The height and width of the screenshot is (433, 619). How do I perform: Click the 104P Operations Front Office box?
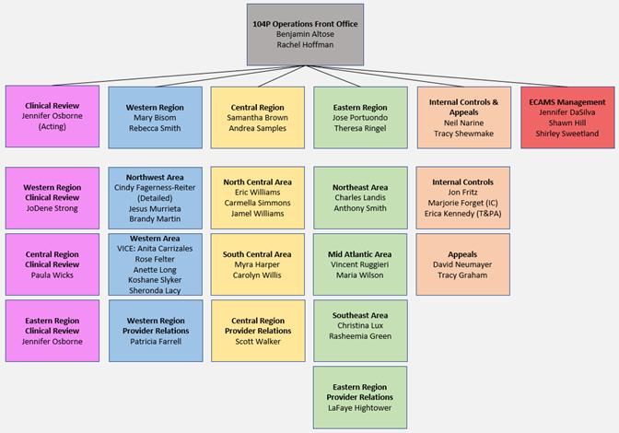[x=305, y=34]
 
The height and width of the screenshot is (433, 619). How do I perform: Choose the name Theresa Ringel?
[x=359, y=128]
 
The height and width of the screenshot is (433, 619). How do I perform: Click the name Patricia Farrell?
[x=155, y=341]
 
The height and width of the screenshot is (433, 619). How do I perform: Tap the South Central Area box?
[x=257, y=263]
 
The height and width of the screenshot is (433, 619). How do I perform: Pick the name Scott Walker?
[x=257, y=341]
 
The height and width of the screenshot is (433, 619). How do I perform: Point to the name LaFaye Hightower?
[x=360, y=407]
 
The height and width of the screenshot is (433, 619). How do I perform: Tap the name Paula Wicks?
[x=53, y=275]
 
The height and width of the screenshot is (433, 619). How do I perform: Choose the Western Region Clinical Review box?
[x=53, y=197]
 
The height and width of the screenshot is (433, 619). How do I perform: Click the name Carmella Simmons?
[x=257, y=203]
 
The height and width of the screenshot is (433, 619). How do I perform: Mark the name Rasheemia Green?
[x=360, y=336]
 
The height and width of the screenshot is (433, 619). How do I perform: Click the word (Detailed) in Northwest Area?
[x=155, y=197]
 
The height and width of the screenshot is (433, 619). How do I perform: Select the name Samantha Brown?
[x=257, y=118]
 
